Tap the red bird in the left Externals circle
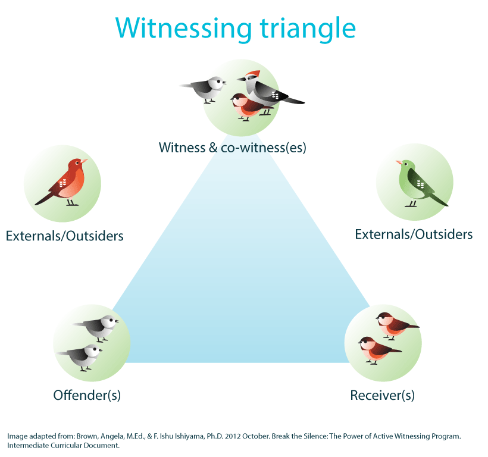[67, 181]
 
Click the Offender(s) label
[87, 395]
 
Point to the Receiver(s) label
[382, 395]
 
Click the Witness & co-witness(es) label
[232, 147]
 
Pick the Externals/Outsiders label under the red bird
[64, 236]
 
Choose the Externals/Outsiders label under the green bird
[414, 234]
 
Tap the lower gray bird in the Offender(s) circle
[82, 356]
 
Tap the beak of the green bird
[398, 162]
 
